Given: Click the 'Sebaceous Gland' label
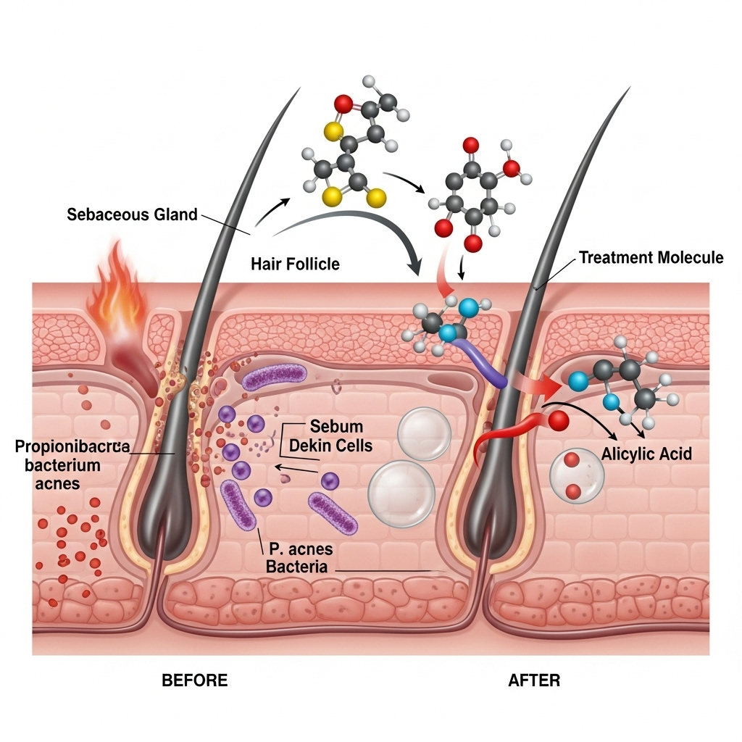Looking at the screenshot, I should [x=132, y=214].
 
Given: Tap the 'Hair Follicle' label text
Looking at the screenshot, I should [x=295, y=264].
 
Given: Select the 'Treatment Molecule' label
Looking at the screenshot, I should [x=651, y=257].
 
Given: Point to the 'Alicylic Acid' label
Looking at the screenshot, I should [x=647, y=455].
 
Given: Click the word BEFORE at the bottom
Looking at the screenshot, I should [x=194, y=680].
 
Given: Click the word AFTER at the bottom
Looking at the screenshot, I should [x=534, y=680].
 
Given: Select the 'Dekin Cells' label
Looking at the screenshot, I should [x=330, y=445].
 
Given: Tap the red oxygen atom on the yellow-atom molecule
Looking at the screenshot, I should [x=344, y=107].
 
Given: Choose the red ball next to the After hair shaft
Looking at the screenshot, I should [x=558, y=420].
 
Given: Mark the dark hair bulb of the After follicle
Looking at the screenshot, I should [x=480, y=522].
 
